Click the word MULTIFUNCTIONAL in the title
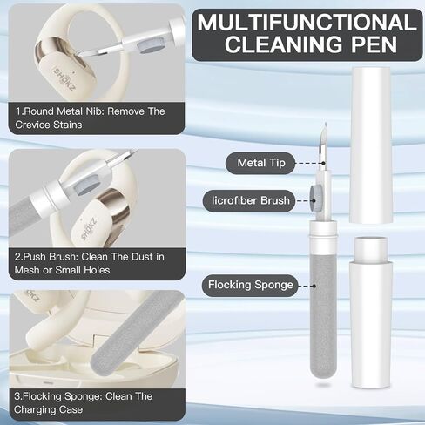[307, 23]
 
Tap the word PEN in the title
[374, 44]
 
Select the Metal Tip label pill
[260, 163]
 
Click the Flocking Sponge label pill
[250, 286]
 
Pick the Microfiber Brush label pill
[249, 200]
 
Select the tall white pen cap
[370, 145]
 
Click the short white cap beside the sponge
[372, 312]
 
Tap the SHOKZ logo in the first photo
[64, 79]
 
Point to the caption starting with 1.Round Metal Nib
[90, 118]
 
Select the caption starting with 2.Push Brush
[90, 263]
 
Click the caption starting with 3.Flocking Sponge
[83, 403]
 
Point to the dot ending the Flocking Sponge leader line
[314, 286]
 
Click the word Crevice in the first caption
[33, 125]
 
